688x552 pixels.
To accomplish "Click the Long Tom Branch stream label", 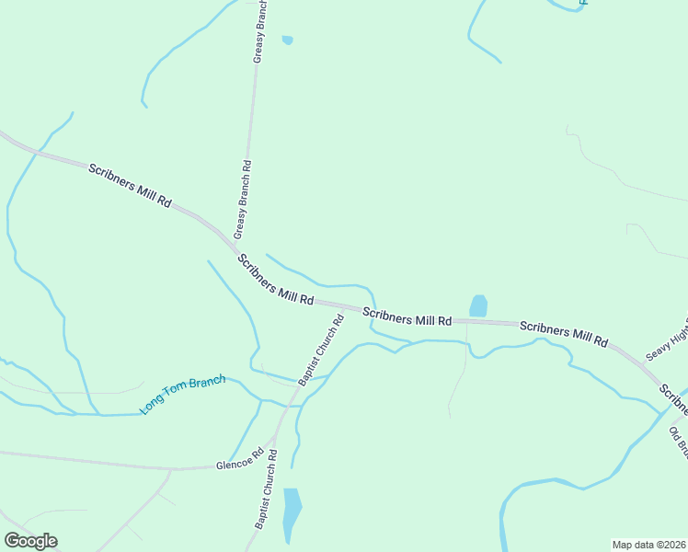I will [x=181, y=395].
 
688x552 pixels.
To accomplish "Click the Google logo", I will [x=30, y=541].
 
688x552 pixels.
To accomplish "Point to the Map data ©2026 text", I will [x=648, y=545].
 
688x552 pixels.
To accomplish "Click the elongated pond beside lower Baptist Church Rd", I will [x=292, y=514].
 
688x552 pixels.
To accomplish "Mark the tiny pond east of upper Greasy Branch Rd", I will [x=287, y=40].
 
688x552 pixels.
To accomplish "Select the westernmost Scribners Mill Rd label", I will [x=130, y=185].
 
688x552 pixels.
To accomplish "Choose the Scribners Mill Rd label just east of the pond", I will [x=564, y=333].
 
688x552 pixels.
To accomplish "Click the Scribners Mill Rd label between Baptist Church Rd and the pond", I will [x=407, y=316].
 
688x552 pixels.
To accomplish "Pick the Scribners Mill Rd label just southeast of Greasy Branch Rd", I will [x=275, y=281].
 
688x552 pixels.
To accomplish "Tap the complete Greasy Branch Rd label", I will [x=243, y=199].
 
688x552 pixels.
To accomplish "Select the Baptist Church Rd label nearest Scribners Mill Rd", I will [x=321, y=350].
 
